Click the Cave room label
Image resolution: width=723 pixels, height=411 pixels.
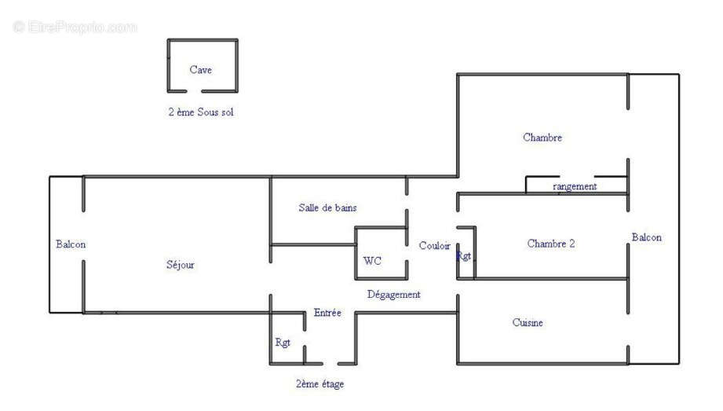tap(200, 70)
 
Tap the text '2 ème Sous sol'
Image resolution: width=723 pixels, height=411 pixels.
tap(200, 112)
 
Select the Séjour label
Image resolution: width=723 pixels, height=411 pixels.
tap(180, 265)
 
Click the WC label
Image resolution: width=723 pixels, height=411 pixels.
tap(372, 261)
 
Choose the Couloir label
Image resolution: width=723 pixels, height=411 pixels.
tap(434, 246)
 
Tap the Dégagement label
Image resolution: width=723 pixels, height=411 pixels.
tap(394, 295)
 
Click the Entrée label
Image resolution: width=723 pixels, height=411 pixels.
tap(327, 313)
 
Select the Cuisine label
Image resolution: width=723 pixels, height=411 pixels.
tap(528, 323)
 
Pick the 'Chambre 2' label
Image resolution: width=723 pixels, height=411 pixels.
tap(550, 244)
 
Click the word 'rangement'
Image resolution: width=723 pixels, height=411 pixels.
tap(575, 186)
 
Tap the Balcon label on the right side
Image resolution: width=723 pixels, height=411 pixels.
tap(646, 237)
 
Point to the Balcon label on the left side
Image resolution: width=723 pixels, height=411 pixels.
tap(71, 244)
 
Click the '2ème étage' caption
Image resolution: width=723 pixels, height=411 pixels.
tap(320, 384)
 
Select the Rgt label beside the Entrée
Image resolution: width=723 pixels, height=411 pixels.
tap(283, 343)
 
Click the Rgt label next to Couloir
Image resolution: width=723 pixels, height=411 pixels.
tap(465, 256)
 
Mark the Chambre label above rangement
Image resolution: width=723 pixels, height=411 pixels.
tap(542, 138)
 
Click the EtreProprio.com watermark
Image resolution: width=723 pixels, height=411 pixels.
tap(75, 28)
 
